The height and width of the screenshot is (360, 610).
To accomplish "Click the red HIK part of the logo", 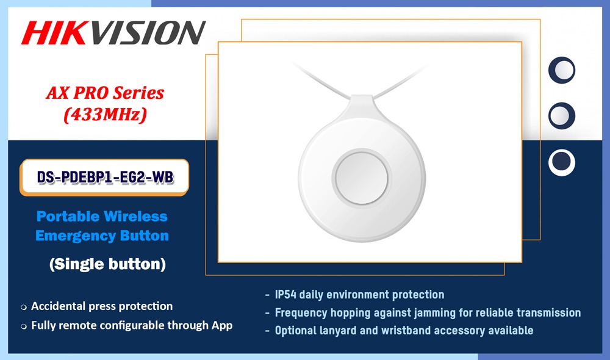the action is tap(54, 33).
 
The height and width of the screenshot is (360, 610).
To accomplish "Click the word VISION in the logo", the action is tap(146, 33).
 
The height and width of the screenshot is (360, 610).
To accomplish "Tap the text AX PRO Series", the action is tap(105, 93).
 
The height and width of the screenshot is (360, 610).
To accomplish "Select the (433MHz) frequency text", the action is tap(105, 115).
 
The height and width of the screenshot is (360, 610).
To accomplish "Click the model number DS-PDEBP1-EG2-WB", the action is tap(105, 177).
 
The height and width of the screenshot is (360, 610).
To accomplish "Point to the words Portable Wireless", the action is tap(102, 217).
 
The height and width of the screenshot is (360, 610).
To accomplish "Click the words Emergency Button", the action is tap(102, 236).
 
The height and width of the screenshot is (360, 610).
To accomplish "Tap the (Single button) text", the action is tap(107, 264).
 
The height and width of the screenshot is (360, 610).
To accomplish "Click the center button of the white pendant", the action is tap(361, 178).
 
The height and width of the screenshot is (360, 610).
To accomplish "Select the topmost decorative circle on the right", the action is tap(562, 70).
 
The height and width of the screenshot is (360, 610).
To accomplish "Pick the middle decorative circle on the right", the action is tap(562, 116).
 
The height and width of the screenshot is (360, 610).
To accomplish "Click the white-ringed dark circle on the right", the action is tap(562, 162).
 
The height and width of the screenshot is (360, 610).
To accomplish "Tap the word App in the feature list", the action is tap(222, 326).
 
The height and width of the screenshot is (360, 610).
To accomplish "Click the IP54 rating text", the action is tap(285, 295).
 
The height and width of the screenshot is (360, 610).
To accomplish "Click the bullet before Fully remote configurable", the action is tap(24, 326).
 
